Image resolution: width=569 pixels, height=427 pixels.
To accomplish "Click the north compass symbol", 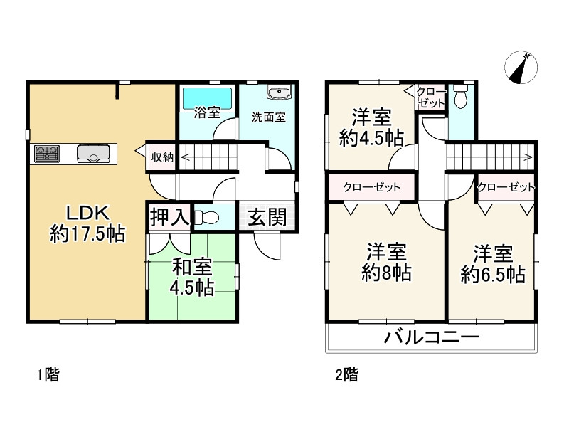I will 521,68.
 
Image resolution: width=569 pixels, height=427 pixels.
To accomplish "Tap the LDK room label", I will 87,223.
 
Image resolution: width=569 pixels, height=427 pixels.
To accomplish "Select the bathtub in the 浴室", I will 206,97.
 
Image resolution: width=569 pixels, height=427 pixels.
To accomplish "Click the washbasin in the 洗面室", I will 277,93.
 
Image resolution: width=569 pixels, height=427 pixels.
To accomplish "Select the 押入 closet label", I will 169,218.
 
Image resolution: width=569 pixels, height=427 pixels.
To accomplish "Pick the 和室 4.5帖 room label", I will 192,277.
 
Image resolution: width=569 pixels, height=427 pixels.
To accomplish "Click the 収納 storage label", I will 161,157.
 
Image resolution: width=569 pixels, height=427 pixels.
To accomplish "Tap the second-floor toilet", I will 461,96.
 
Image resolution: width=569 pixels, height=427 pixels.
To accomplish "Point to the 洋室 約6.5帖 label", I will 493,263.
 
